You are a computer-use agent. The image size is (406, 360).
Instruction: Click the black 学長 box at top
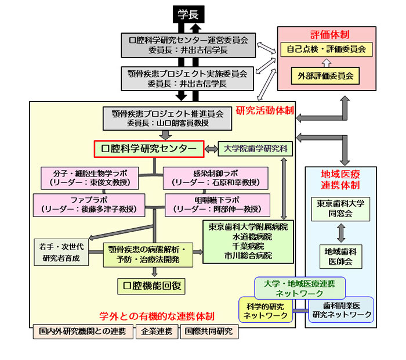[x=187, y=16]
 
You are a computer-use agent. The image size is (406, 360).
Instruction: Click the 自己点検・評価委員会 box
[x=325, y=50]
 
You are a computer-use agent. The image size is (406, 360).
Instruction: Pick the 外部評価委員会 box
[x=325, y=75]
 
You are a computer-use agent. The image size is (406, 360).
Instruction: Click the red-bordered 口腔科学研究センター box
[x=148, y=149]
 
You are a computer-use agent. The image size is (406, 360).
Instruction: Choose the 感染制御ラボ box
[x=215, y=178]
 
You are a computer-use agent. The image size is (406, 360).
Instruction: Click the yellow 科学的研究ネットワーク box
[x=266, y=310]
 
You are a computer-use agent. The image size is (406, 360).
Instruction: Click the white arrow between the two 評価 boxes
[x=325, y=62]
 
